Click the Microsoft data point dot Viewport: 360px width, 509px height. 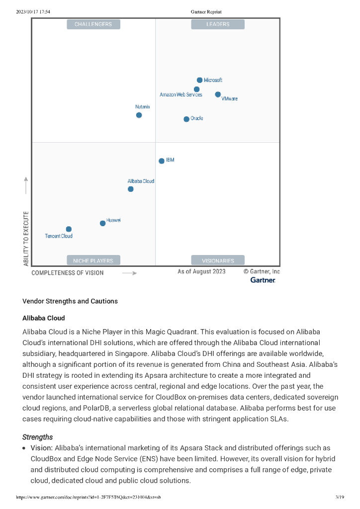[x=199, y=80]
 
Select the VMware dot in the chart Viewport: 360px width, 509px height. [x=218, y=94]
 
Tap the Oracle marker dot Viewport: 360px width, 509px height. [x=186, y=119]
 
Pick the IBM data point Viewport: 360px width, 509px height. [x=162, y=161]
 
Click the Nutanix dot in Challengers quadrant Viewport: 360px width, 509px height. [x=139, y=115]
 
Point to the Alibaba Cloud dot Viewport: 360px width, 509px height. [x=131, y=189]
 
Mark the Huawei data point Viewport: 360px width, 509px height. [x=103, y=223]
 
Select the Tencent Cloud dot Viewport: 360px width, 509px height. [x=69, y=229]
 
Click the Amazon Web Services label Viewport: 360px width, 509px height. [x=180, y=94]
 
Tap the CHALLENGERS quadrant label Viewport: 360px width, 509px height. [x=93, y=24]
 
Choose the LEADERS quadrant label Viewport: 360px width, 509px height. [x=218, y=24]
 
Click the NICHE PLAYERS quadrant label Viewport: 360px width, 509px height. [x=93, y=260]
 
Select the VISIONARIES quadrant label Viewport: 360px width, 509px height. [x=218, y=260]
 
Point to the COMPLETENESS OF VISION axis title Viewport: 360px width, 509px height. [x=68, y=273]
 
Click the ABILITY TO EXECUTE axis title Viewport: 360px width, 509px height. [x=26, y=238]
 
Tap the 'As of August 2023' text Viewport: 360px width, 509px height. [x=201, y=271]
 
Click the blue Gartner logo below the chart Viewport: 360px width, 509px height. [x=263, y=280]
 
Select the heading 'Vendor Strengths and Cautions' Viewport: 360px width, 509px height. [x=70, y=301]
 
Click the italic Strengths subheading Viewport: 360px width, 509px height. [x=37, y=437]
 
